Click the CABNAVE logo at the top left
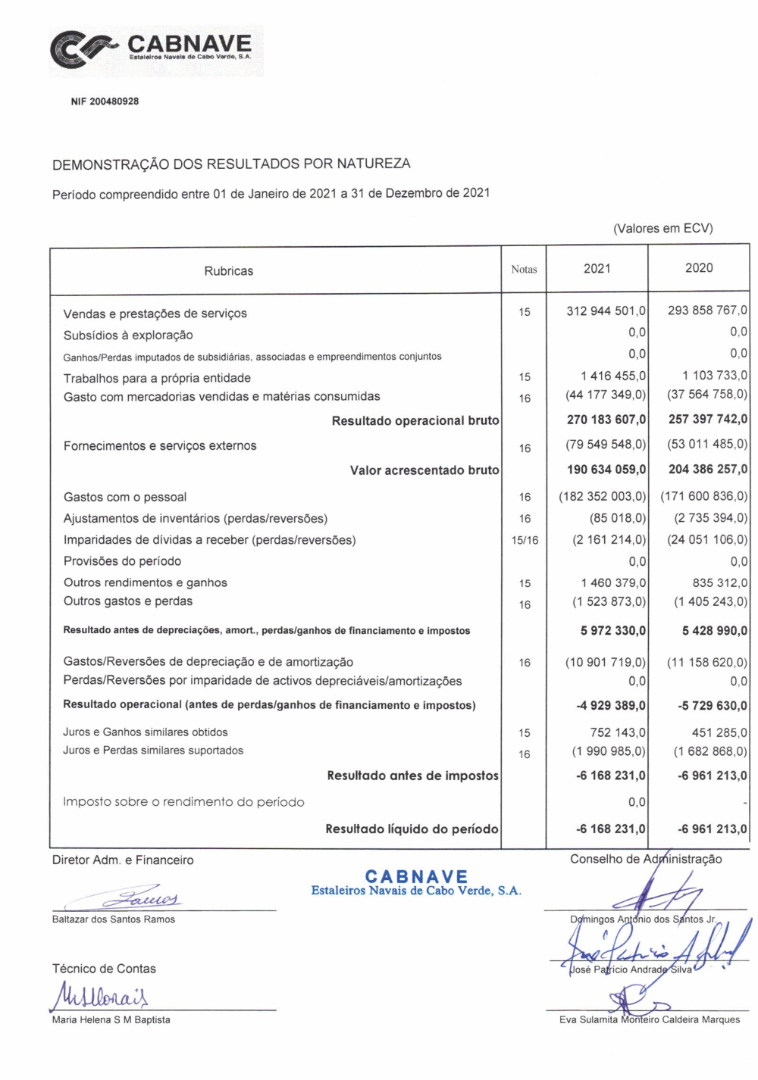(x=155, y=50)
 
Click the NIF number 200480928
(x=105, y=101)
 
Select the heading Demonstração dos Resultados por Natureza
(x=231, y=164)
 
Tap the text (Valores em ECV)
(x=662, y=228)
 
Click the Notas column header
(x=524, y=269)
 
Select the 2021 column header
(x=597, y=268)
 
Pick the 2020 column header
(x=698, y=267)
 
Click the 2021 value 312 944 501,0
(x=606, y=311)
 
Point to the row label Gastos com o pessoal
(x=125, y=497)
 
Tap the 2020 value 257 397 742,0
(x=707, y=419)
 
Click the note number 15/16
(x=525, y=540)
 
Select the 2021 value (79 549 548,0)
(x=606, y=445)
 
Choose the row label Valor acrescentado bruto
(x=424, y=470)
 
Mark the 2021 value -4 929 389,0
(x=611, y=705)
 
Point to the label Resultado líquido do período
(x=412, y=829)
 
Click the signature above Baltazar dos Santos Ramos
(x=144, y=898)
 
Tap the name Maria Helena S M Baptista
(x=111, y=1019)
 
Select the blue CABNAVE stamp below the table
(x=416, y=883)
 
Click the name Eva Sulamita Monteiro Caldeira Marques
(x=650, y=1019)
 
